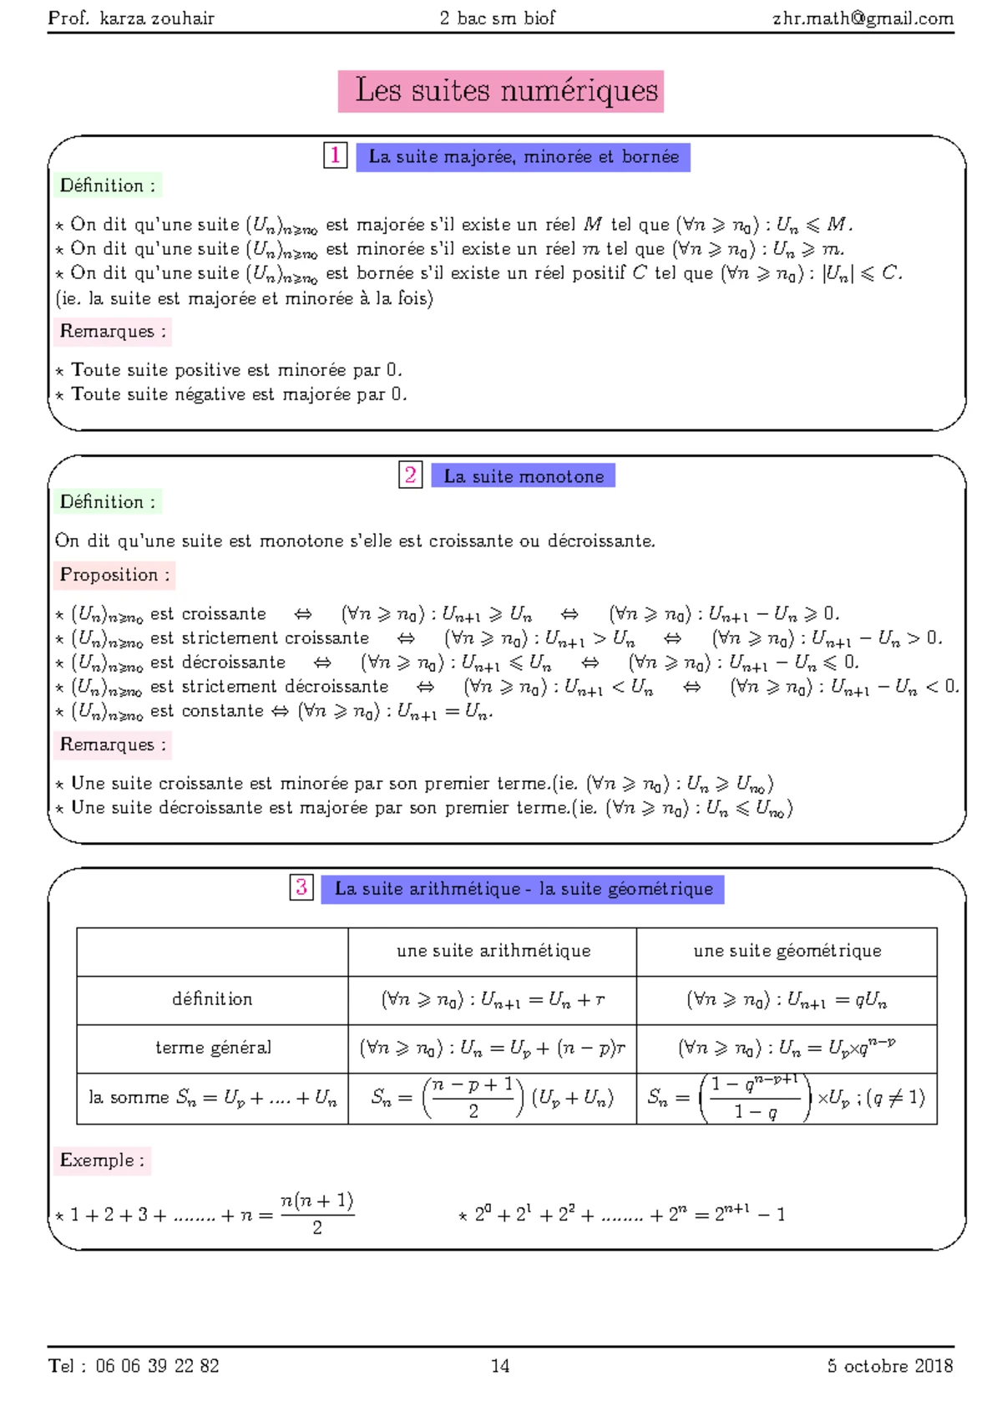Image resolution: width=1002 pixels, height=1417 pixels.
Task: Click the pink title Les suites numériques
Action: point(501,91)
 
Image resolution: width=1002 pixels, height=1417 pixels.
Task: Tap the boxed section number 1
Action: point(335,155)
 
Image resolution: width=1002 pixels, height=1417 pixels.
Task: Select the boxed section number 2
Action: point(410,475)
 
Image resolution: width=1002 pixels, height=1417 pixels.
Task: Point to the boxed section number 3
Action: point(301,887)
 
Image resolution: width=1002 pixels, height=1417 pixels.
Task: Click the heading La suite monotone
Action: point(524,476)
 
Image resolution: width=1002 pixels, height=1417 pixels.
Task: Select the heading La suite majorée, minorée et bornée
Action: point(524,157)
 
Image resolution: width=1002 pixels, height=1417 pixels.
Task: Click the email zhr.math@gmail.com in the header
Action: point(862,18)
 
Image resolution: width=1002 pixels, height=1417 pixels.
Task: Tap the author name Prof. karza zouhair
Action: point(131,18)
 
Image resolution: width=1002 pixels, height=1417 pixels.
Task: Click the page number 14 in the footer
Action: point(500,1366)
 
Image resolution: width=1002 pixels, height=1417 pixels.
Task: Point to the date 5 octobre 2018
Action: point(889,1366)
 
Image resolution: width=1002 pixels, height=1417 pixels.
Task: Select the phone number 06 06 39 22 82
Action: point(157,1366)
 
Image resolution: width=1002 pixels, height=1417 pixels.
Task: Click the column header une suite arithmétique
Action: point(493,951)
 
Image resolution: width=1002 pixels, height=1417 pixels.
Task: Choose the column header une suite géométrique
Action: point(787,951)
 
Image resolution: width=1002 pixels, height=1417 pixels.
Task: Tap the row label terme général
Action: point(213,1048)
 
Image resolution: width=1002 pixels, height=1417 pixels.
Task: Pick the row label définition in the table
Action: point(212,999)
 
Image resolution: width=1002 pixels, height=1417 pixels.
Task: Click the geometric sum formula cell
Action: point(787,1098)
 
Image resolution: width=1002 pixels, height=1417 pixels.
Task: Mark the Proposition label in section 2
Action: point(114,575)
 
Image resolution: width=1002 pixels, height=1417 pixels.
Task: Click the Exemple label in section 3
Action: point(102,1161)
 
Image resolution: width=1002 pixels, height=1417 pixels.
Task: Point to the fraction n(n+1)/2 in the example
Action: point(317,1213)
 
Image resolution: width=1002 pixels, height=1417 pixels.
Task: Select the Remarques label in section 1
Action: point(113,332)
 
